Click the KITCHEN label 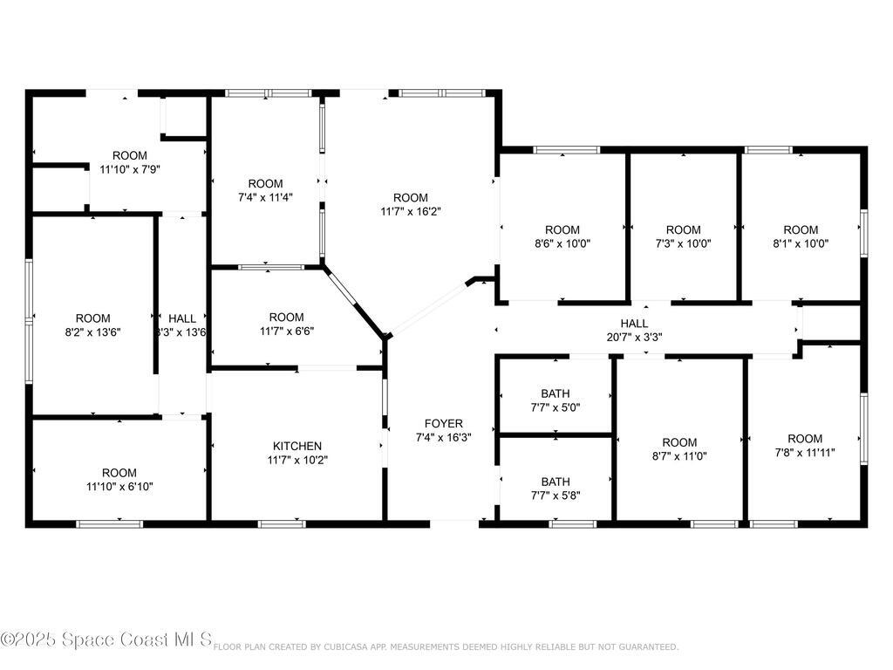(298, 446)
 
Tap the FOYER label (444, 424)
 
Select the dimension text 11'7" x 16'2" (410, 211)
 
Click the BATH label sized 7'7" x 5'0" (556, 393)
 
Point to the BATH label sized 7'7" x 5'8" (556, 482)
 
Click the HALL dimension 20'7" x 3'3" (646, 337)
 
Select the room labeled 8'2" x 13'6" (92, 325)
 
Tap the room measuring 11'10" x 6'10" (119, 480)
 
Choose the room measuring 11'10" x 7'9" (129, 163)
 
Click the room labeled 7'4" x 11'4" (265, 190)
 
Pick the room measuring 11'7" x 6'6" (286, 324)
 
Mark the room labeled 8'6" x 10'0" (562, 237)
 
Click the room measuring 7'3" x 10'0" (683, 237)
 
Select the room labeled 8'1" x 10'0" (800, 237)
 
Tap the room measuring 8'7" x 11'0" (679, 449)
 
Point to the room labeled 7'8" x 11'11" (804, 446)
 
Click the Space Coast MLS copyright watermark (106, 640)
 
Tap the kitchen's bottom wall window (281, 523)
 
